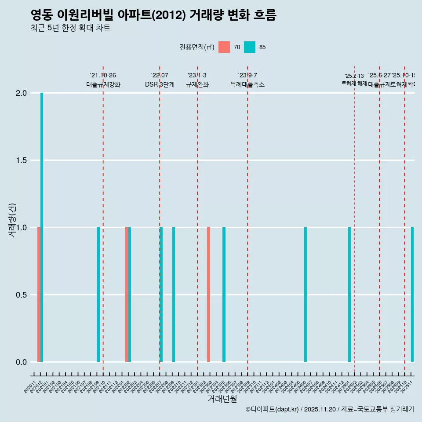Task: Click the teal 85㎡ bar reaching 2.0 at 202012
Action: pyautogui.click(x=42, y=227)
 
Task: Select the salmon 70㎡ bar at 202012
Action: pyautogui.click(x=39, y=295)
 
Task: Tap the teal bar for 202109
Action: pyautogui.click(x=98, y=295)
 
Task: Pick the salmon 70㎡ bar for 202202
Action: pyautogui.click(x=127, y=295)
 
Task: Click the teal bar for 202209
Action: pyautogui.click(x=174, y=295)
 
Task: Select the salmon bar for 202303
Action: pyautogui.click(x=208, y=295)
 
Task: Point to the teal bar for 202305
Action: pyautogui.click(x=224, y=295)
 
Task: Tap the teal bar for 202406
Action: pyautogui.click(x=306, y=295)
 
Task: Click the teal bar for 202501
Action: pyautogui.click(x=349, y=295)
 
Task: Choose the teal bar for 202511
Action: pyautogui.click(x=412, y=295)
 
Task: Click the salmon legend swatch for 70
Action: pyautogui.click(x=224, y=47)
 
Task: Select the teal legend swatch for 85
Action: pyautogui.click(x=250, y=47)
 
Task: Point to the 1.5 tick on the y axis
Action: pyautogui.click(x=22, y=160)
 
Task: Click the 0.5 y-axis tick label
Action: pyautogui.click(x=22, y=295)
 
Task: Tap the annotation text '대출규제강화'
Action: pyautogui.click(x=103, y=84)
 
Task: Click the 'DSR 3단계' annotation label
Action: pyautogui.click(x=160, y=84)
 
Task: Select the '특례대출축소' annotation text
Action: pyautogui.click(x=247, y=84)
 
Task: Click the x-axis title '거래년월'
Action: pyautogui.click(x=222, y=399)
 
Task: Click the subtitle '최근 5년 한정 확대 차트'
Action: pyautogui.click(x=70, y=28)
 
